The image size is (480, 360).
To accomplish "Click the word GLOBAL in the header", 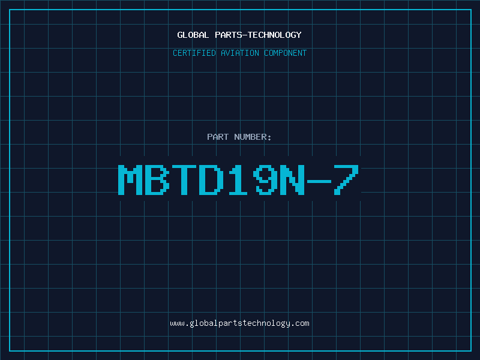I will [191, 35].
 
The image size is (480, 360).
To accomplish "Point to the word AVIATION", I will [240, 53].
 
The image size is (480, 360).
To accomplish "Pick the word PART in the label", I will [218, 137].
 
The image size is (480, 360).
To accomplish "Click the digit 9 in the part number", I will [266, 179].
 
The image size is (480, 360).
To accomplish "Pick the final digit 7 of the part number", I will [347, 179].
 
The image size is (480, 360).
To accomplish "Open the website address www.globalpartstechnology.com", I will [240, 323].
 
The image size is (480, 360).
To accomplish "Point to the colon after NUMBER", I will [270, 137].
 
